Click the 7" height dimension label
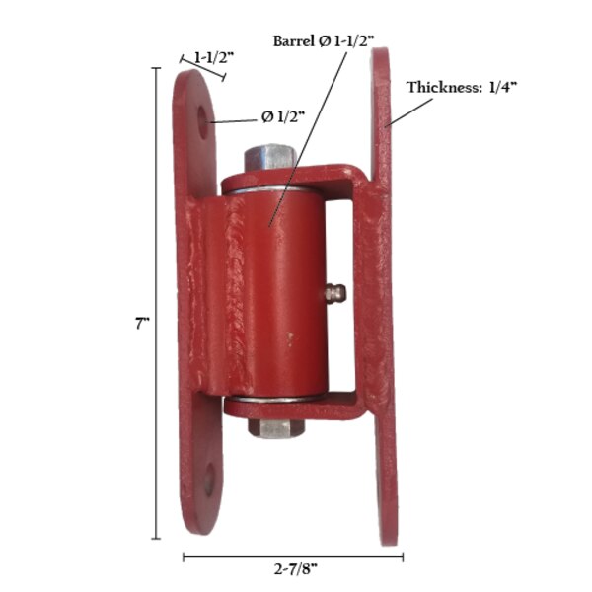141,323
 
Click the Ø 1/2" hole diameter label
283,116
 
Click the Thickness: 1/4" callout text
462,87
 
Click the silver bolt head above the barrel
268,158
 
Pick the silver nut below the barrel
270,427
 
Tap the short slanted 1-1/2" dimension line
202,69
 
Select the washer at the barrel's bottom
271,401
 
